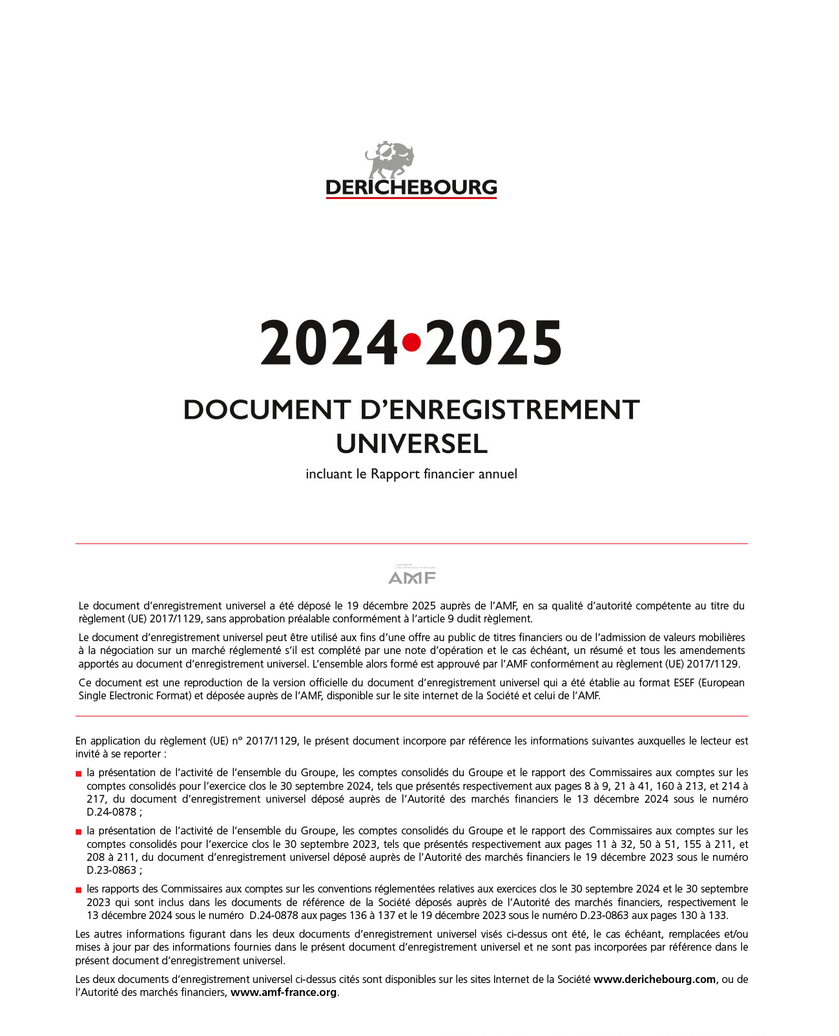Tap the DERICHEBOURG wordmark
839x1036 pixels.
pyautogui.click(x=411, y=187)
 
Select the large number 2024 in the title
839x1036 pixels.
pyautogui.click(x=329, y=343)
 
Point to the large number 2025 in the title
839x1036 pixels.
pyautogui.click(x=493, y=343)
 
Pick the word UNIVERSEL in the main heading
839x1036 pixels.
pyautogui.click(x=411, y=444)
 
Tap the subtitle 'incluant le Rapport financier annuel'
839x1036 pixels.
pyautogui.click(x=411, y=474)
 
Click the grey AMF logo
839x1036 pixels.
pyautogui.click(x=412, y=575)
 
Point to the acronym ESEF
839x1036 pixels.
pyautogui.click(x=679, y=682)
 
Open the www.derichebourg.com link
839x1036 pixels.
pyautogui.click(x=654, y=979)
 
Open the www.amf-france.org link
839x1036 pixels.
pyautogui.click(x=284, y=992)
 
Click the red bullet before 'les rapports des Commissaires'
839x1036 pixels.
pyautogui.click(x=79, y=890)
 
